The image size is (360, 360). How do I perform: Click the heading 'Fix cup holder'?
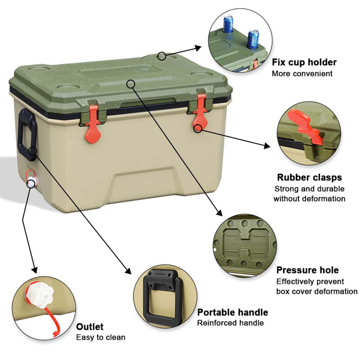(304, 62)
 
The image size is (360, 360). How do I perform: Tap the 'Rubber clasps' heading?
(309, 177)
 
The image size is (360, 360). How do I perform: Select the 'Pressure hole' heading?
(307, 270)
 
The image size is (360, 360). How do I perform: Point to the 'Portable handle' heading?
(233, 312)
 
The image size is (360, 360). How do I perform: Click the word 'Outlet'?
(90, 327)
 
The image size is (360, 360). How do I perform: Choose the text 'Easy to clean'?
(101, 337)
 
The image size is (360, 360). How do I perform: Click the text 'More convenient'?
(302, 73)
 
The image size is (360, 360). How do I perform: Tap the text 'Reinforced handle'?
(230, 323)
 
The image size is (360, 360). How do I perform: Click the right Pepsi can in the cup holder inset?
(253, 40)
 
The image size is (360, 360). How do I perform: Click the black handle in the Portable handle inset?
(162, 296)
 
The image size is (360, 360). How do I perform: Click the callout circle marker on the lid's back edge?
(162, 56)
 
